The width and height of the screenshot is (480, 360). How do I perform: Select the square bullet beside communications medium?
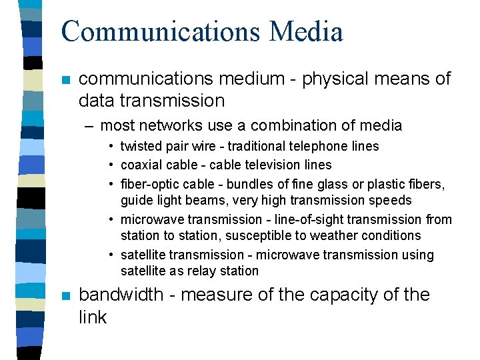coord(64,81)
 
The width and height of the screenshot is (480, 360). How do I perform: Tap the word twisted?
coord(140,147)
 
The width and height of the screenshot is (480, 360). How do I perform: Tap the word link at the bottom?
coord(92,317)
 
